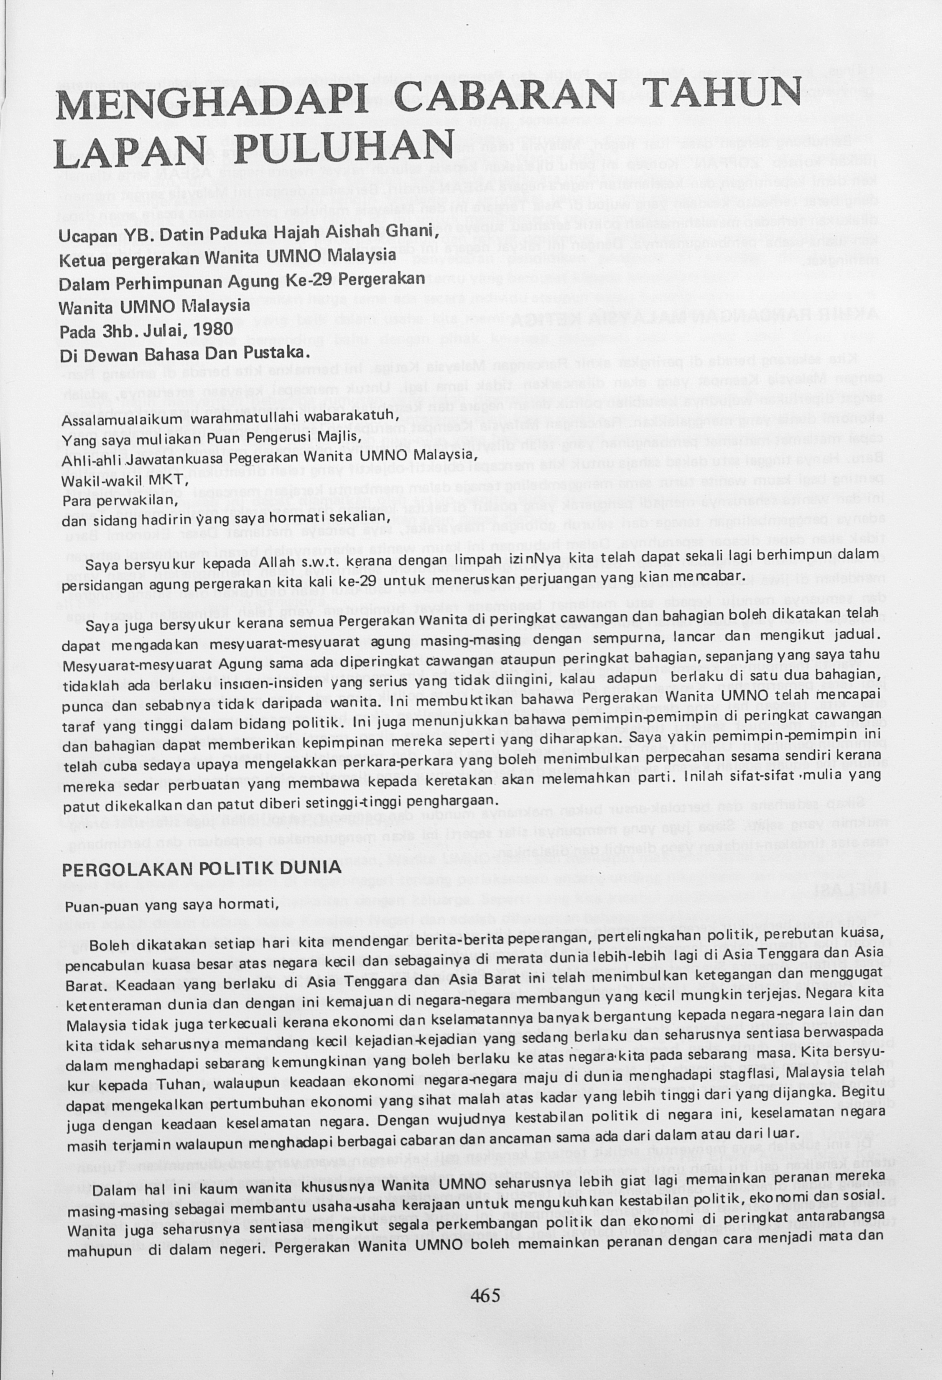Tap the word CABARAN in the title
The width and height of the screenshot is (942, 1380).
501,99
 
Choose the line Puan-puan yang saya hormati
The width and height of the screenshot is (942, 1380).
171,906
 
